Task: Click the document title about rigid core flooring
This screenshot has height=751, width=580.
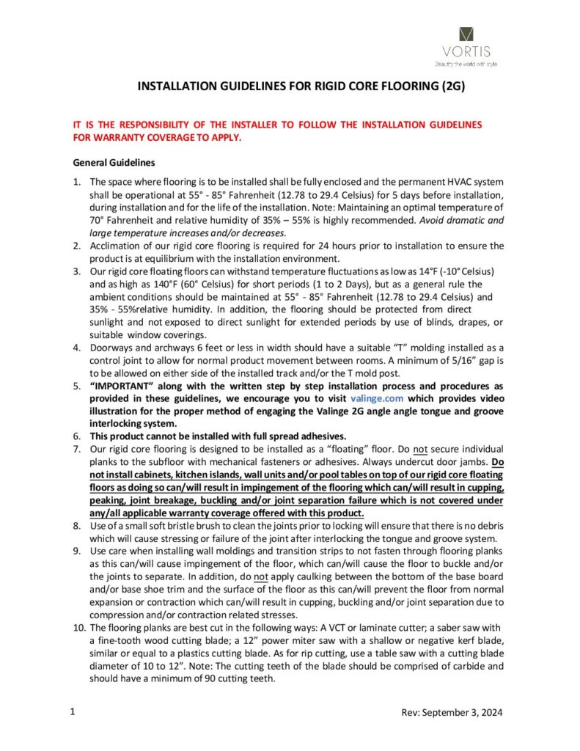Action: click(x=301, y=87)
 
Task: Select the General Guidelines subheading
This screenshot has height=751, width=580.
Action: click(x=113, y=161)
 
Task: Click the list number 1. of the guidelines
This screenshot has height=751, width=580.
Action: click(x=77, y=180)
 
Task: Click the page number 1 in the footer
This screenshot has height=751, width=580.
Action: click(x=72, y=712)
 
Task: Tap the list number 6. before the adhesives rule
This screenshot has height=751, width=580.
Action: click(x=77, y=436)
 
